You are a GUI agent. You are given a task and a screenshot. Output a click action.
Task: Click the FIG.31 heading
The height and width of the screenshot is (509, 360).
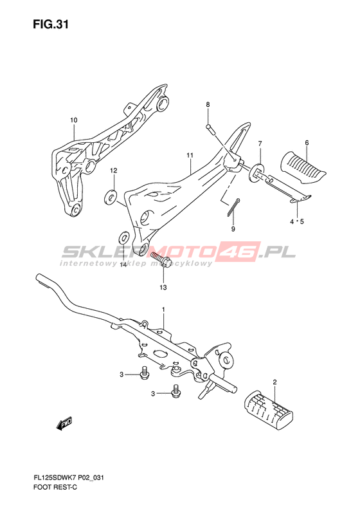coord(51,24)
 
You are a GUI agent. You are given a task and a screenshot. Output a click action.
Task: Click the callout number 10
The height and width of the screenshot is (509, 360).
coord(74,120)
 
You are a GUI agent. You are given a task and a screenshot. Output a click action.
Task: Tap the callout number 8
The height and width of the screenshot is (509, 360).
coord(208,104)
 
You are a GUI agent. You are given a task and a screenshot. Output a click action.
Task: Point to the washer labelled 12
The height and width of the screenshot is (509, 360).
coord(109,197)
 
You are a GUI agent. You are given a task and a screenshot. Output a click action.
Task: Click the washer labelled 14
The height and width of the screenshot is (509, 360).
coord(123,238)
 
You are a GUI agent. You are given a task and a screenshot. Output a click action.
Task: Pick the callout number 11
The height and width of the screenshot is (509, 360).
coord(190,156)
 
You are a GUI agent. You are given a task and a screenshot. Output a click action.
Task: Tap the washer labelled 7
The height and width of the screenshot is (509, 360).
coord(256,171)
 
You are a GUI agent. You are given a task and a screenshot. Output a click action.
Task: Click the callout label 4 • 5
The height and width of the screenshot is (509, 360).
coord(297,222)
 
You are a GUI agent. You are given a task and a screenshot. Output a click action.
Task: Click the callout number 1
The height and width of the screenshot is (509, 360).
coord(163,310)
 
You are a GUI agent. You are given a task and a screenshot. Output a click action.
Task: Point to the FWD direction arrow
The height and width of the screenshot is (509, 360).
coord(64,423)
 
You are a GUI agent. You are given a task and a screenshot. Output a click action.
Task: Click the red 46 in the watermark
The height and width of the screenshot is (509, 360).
coord(239,252)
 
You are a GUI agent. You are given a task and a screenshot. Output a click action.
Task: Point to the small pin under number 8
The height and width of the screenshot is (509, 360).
coord(209,128)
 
